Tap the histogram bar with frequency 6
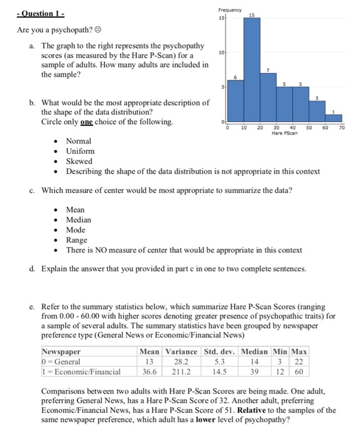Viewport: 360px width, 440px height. pyautogui.click(x=236, y=101)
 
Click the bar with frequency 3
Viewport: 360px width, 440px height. pyautogui.click(x=317, y=110)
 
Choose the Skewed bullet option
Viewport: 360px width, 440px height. pyautogui.click(x=79, y=162)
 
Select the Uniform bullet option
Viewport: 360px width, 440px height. pyautogui.click(x=80, y=151)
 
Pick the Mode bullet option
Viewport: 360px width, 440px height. pyautogui.click(x=75, y=230)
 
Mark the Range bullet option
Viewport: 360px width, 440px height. pyautogui.click(x=77, y=240)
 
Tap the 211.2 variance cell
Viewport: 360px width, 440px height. pyautogui.click(x=180, y=371)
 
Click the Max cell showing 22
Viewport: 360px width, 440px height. pyautogui.click(x=300, y=361)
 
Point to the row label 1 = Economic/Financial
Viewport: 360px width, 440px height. pyautogui.click(x=81, y=371)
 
